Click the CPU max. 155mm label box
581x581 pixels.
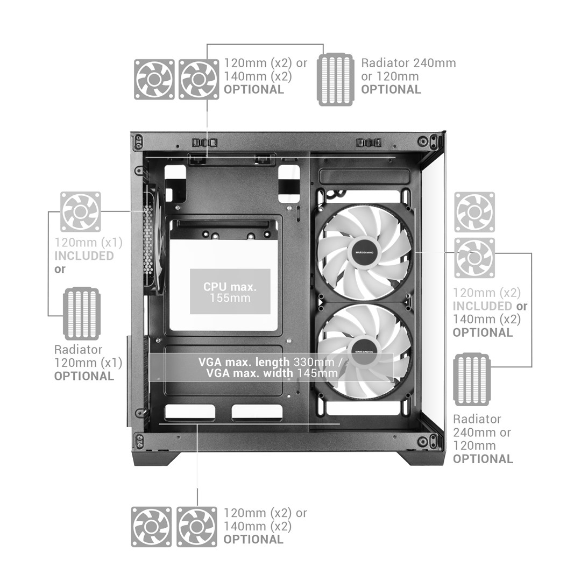[x=230, y=292]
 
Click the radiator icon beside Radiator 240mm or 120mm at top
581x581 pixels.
[x=336, y=80]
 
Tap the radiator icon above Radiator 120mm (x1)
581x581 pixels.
[x=82, y=314]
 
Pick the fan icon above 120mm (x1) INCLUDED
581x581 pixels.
[x=80, y=212]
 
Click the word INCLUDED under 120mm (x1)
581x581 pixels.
[x=84, y=256]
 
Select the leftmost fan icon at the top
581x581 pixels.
[x=154, y=79]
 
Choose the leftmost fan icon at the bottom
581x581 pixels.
[x=152, y=527]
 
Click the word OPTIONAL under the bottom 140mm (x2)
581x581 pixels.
[x=253, y=540]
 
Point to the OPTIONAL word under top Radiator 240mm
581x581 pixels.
[x=391, y=90]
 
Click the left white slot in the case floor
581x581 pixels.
[x=190, y=412]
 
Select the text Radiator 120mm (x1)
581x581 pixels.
[x=88, y=356]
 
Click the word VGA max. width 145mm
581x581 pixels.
[x=272, y=373]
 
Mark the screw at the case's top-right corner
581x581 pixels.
[x=422, y=141]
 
